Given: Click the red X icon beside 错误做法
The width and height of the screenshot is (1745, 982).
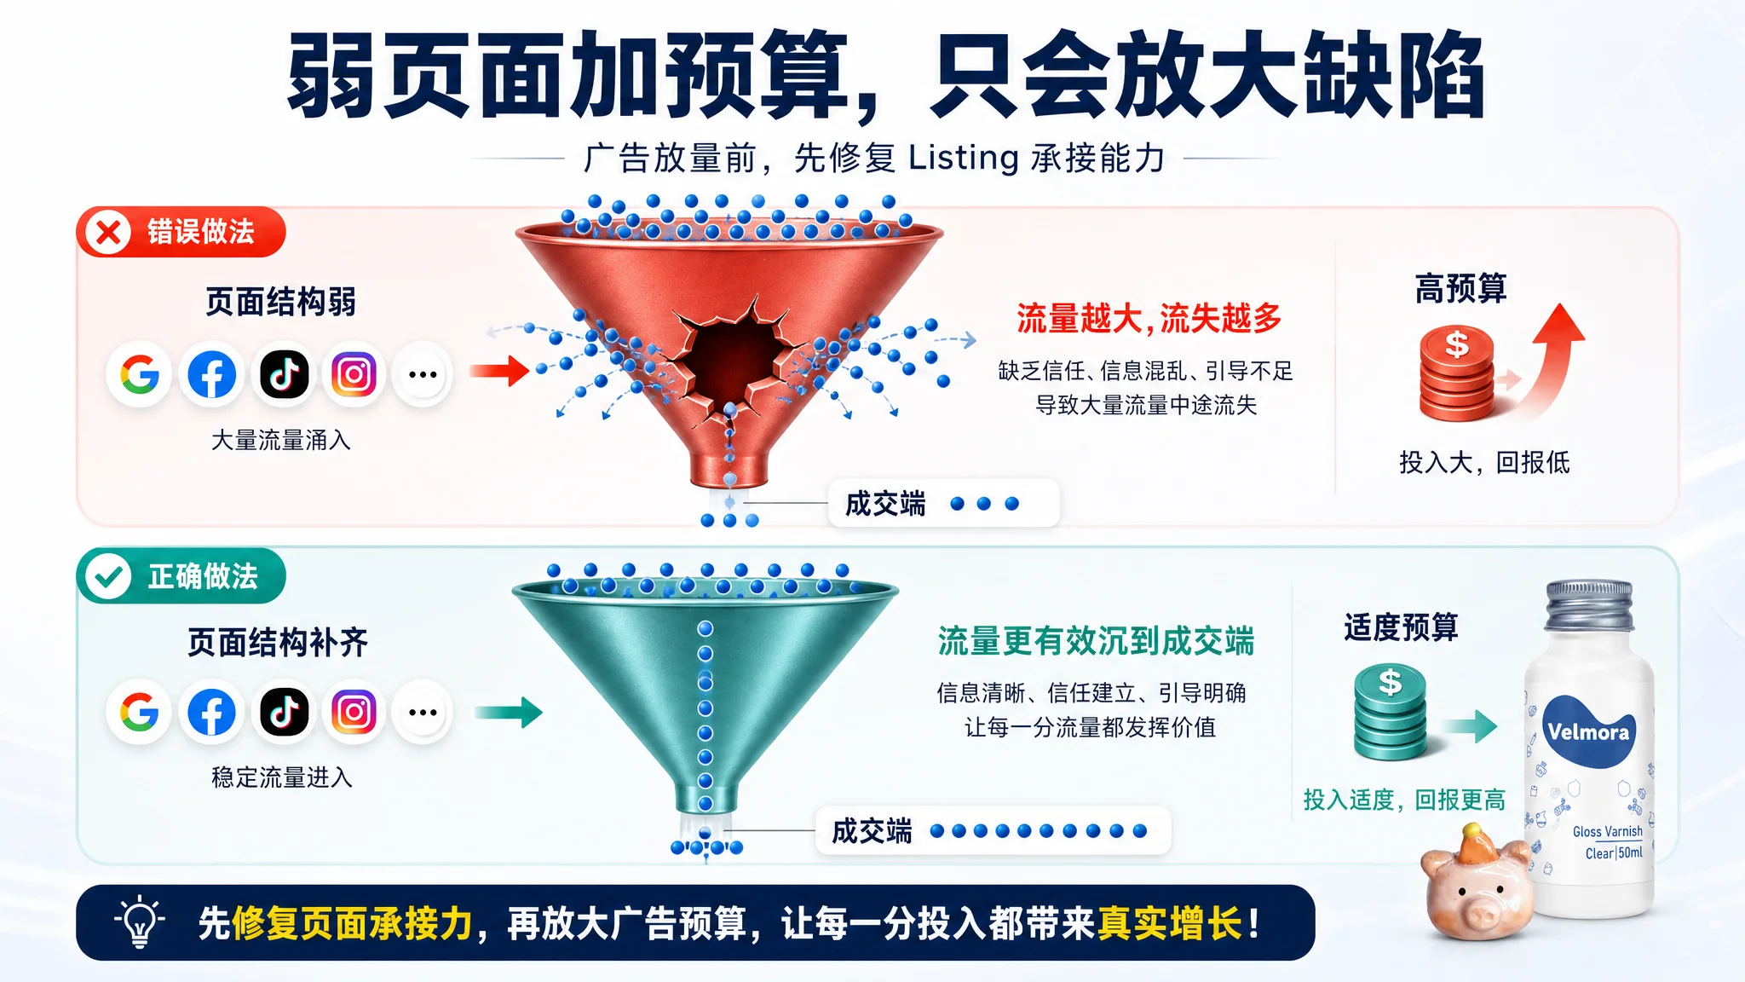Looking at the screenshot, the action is click(108, 232).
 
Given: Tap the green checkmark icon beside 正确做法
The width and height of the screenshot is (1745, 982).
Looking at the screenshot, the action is click(108, 576).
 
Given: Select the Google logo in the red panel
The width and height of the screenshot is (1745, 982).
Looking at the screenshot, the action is click(140, 373).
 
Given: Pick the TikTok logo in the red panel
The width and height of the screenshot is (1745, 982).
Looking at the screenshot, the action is click(284, 373).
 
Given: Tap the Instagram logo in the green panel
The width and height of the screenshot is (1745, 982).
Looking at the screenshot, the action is click(354, 712).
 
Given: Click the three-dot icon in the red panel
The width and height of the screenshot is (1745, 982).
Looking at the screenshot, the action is click(423, 373).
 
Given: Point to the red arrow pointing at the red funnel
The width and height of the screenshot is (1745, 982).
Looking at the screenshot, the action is click(499, 371).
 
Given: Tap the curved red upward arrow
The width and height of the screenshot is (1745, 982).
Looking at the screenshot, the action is click(1552, 358).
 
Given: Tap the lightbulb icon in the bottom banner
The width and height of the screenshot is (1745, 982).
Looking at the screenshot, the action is click(140, 922).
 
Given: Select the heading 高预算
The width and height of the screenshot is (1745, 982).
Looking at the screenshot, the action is click(1461, 288).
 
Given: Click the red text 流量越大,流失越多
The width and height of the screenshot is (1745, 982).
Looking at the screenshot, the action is click(1149, 319).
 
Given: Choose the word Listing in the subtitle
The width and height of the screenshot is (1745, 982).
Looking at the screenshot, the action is click(963, 159).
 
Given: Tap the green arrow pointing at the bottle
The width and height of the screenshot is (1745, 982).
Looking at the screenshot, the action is click(1470, 725).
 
